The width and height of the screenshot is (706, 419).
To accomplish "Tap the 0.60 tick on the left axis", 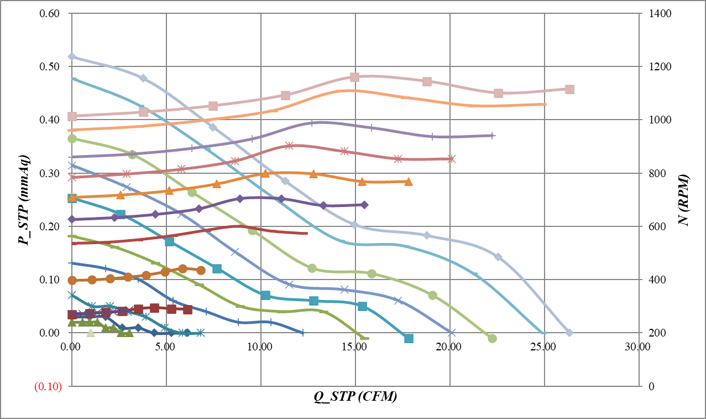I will (49, 13).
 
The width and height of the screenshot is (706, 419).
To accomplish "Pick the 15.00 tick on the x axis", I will (355, 346).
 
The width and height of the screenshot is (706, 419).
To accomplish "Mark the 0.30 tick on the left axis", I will (49, 173).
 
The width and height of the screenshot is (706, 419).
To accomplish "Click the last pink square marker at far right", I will (569, 89).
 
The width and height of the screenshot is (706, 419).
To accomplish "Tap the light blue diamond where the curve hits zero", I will (569, 333).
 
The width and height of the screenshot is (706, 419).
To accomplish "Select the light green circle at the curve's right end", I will (493, 338).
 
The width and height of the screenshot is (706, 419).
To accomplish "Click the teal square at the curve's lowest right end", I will (409, 338).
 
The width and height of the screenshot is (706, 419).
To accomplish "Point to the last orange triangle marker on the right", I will (408, 182).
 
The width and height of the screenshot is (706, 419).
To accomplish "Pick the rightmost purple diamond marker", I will (364, 205).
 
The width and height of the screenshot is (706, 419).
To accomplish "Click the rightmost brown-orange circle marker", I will (201, 270).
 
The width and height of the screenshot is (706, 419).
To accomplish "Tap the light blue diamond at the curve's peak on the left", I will (72, 56).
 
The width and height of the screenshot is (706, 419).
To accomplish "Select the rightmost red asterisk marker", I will (451, 159).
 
